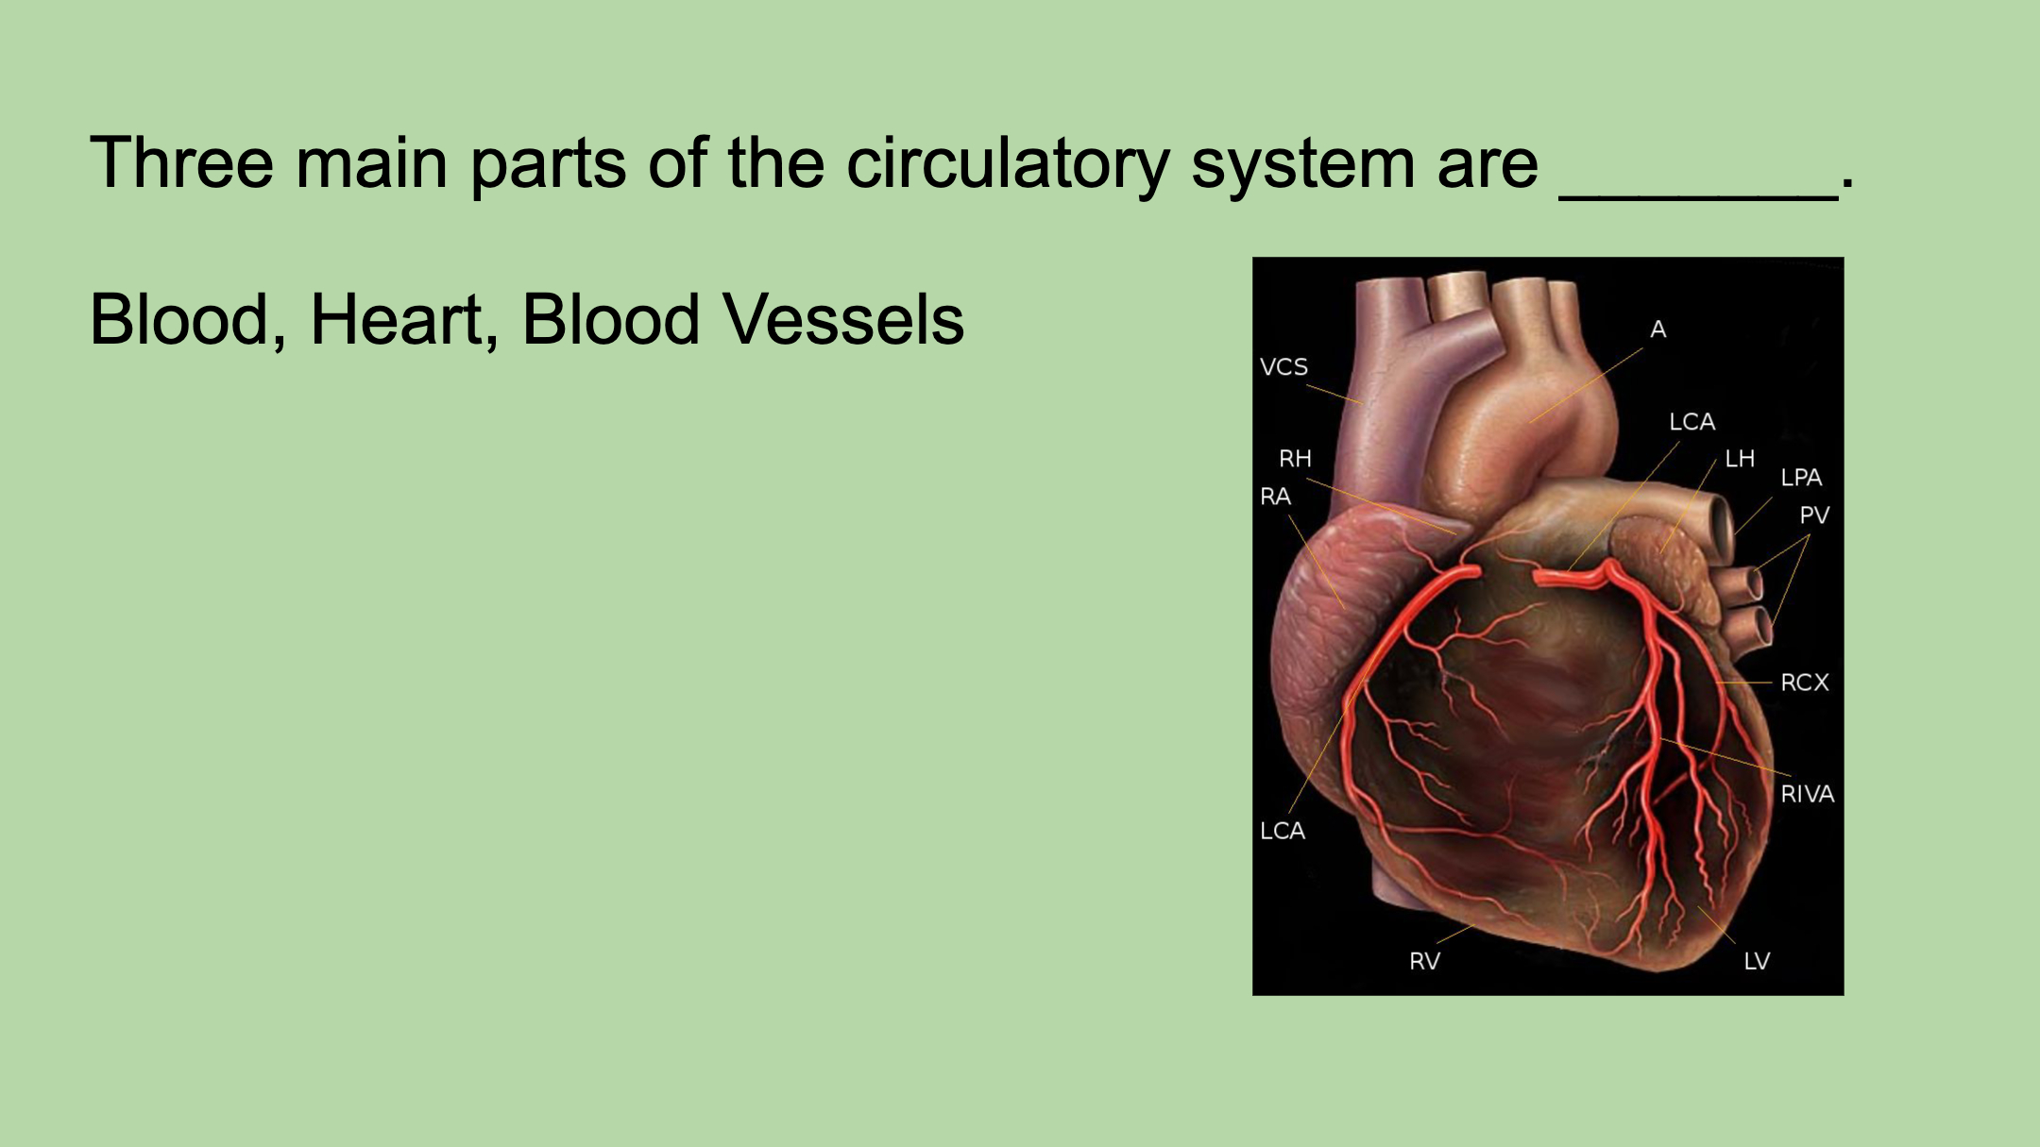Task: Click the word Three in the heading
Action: point(181,162)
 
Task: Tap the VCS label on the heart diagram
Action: point(1283,366)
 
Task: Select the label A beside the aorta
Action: point(1657,329)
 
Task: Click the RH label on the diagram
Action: point(1295,459)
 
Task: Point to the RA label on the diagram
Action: point(1275,497)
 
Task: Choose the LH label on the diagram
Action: point(1740,459)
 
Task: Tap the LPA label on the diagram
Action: point(1801,478)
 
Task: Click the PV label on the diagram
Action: point(1814,515)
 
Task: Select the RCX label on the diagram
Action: point(1805,683)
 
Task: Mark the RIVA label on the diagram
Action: point(1808,795)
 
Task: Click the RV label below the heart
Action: point(1424,961)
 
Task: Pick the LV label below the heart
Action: point(1757,961)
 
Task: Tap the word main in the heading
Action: point(372,162)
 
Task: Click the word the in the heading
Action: point(775,162)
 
